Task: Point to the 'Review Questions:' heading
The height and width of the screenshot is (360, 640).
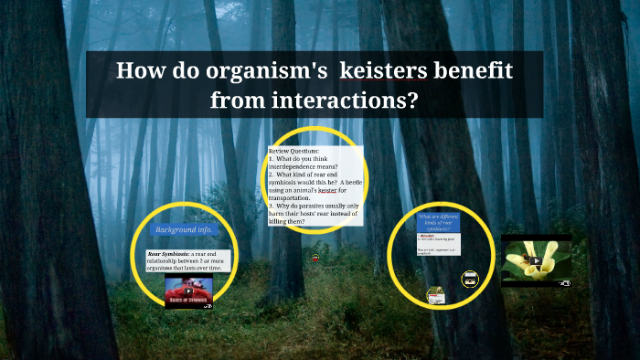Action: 294,150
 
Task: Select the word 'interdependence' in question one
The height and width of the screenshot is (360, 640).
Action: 293,165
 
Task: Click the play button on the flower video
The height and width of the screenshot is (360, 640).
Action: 536,260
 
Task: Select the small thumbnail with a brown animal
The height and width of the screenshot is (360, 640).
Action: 436,295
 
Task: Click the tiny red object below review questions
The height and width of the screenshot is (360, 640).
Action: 315,258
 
